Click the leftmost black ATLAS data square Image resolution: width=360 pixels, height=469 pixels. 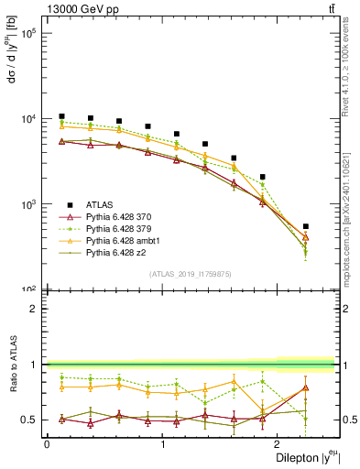tap(61, 116)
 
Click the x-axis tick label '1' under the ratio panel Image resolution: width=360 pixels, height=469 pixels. tap(163, 442)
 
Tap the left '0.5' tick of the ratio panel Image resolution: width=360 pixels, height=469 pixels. tap(31, 420)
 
